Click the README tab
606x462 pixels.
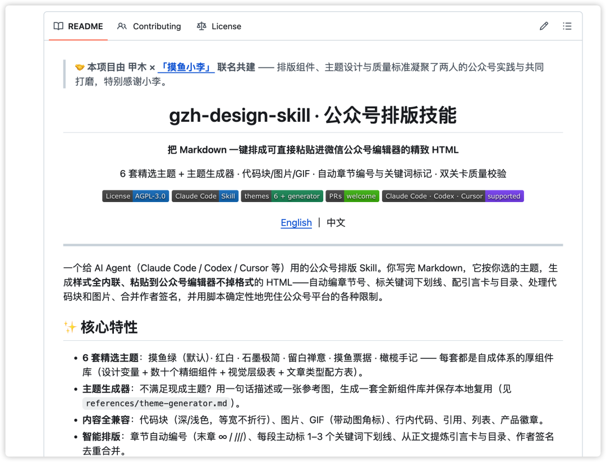79,26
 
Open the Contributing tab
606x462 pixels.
149,26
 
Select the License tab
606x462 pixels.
219,26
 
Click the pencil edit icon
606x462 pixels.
544,26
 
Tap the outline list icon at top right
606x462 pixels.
567,26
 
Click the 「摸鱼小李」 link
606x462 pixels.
186,67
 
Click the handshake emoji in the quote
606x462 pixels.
80,67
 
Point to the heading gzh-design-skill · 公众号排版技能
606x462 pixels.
313,115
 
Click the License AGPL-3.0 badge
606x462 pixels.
135,196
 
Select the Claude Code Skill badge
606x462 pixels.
205,196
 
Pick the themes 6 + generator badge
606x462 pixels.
282,196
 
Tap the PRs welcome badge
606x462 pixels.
352,196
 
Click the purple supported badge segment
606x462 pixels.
504,196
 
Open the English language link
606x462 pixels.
296,223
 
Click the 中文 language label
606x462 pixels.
336,223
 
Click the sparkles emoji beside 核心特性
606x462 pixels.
70,327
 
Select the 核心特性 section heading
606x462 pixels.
109,327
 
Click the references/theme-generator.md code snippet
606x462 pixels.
156,403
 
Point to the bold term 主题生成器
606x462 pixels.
106,389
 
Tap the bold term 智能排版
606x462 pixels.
101,437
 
